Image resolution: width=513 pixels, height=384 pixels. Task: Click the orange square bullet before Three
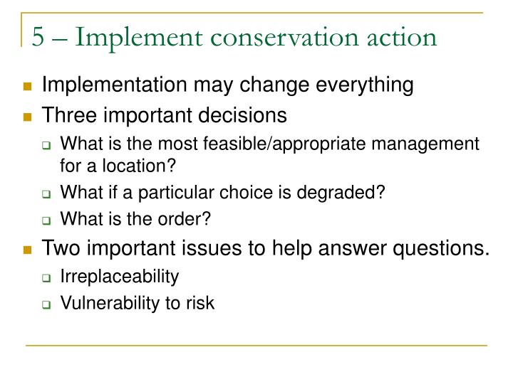[28, 116]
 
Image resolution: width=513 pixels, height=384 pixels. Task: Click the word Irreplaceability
[120, 277]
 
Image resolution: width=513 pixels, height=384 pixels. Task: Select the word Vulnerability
[105, 304]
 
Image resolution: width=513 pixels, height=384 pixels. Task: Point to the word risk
[200, 304]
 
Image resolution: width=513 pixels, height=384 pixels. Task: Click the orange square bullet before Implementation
[28, 87]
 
